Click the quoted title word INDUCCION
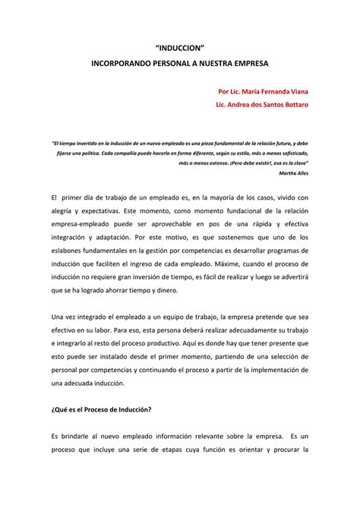179,46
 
